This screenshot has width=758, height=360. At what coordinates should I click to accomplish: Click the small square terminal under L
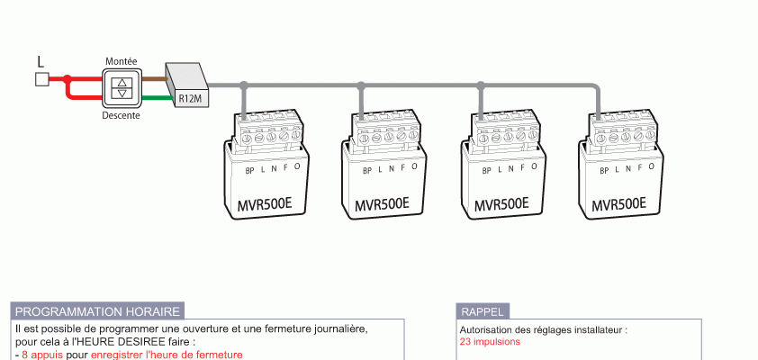[x=41, y=79]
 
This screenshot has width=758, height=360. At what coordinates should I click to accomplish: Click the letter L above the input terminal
[x=41, y=61]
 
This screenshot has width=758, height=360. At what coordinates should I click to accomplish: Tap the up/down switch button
[x=121, y=87]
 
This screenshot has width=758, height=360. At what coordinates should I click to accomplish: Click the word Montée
[x=121, y=60]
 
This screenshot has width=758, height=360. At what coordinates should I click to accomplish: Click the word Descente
[x=121, y=115]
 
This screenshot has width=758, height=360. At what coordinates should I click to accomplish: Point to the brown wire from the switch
[x=155, y=78]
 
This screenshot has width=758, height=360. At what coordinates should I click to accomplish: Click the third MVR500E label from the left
[x=501, y=204]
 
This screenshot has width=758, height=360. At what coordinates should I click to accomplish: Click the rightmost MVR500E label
[x=619, y=204]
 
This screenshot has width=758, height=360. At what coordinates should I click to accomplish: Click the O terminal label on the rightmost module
[x=653, y=166]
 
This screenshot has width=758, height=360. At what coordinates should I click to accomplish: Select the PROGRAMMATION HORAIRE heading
[x=97, y=311]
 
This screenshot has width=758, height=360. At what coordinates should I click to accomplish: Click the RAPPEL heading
[x=482, y=311]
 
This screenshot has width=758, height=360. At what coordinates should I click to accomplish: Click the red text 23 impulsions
[x=490, y=342]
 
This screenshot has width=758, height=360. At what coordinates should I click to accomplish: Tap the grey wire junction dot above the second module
[x=361, y=86]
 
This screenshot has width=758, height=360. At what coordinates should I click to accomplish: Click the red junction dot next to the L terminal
[x=68, y=79]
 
